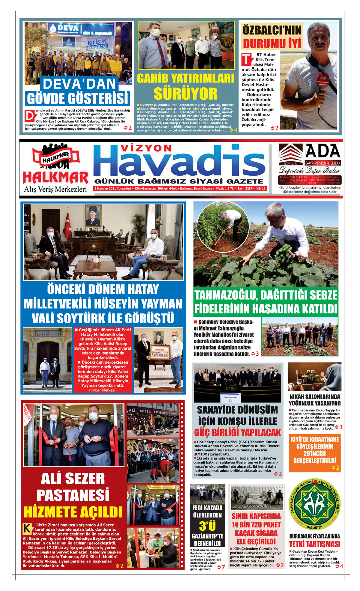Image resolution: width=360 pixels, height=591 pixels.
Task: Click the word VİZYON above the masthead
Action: click(146, 148)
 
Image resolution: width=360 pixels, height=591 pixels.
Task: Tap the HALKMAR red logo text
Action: click(55, 178)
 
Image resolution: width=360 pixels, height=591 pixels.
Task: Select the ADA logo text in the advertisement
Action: click(322, 151)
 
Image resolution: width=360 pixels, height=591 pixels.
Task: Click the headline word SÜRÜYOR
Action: click(185, 94)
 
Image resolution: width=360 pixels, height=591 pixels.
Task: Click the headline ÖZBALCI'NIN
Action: click(272, 30)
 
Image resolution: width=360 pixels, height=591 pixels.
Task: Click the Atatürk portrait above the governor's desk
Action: click(93, 215)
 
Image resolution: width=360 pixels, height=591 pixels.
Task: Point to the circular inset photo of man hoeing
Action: click(223, 227)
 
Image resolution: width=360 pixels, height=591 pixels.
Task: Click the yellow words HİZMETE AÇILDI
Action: click(73, 512)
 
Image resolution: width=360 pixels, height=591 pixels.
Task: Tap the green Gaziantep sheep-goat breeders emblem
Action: click(315, 504)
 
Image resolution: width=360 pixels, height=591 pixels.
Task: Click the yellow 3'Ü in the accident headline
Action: click(207, 526)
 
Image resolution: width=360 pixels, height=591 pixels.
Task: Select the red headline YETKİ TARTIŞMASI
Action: click(314, 544)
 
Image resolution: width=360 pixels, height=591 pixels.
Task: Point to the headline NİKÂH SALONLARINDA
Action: click(315, 397)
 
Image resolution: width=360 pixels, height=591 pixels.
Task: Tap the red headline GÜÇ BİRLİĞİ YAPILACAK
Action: click(238, 433)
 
